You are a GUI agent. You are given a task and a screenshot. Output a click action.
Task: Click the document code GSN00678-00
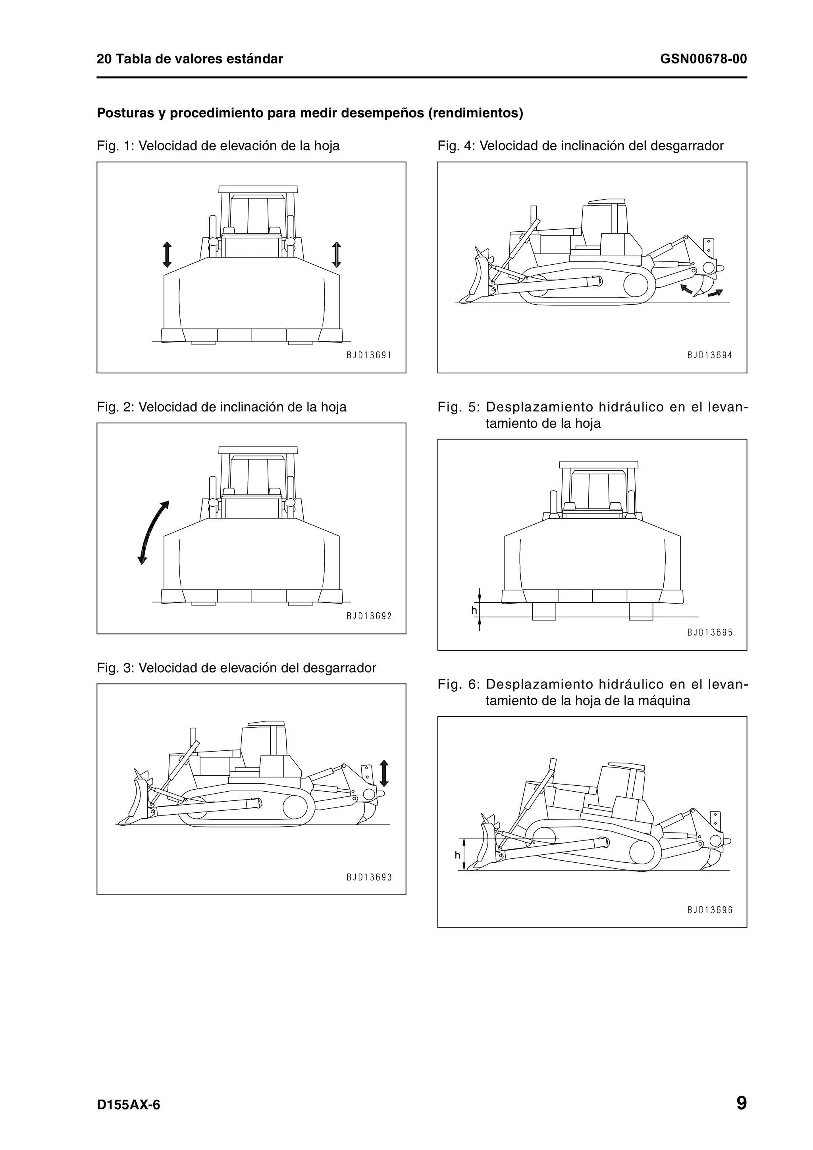703,59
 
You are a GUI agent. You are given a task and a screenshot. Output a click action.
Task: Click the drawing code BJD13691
369,355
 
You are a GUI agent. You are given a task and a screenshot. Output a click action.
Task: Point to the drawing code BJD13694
709,355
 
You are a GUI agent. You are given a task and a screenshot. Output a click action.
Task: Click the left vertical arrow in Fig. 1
167,254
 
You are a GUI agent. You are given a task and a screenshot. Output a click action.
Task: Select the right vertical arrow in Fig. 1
337,254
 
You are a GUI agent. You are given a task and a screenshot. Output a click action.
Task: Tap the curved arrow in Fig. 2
153,533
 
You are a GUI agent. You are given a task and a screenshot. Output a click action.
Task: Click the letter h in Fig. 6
457,856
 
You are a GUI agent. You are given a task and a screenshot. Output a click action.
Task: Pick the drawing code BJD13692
369,616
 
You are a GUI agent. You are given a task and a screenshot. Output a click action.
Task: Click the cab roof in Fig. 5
599,464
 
